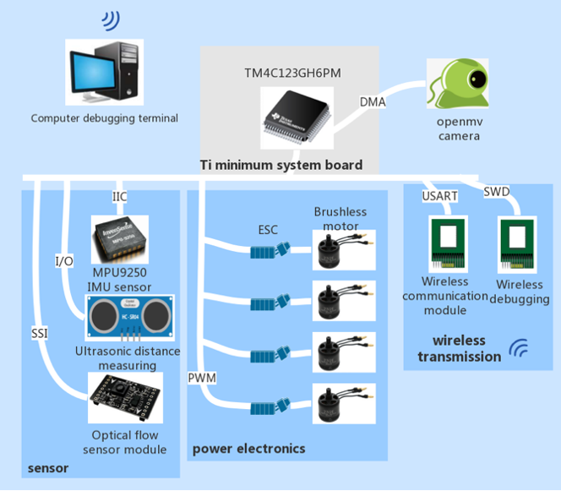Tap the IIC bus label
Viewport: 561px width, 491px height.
point(121,196)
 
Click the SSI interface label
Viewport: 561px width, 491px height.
point(38,333)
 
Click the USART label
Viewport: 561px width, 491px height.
point(438,196)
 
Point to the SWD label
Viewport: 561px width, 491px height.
point(496,194)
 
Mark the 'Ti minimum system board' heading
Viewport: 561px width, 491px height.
point(280,165)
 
